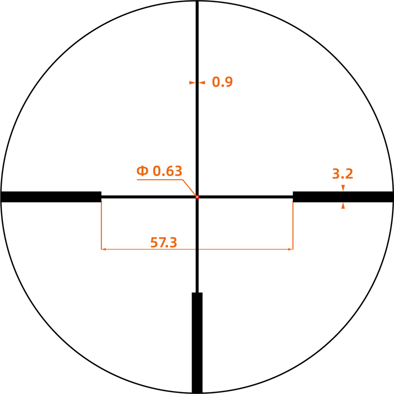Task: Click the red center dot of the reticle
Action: click(x=197, y=197)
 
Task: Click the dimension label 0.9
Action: click(x=223, y=82)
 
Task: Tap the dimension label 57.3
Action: click(x=164, y=242)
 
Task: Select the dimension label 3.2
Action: click(x=342, y=174)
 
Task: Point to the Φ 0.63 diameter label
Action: click(x=159, y=171)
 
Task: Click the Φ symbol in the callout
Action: click(x=142, y=171)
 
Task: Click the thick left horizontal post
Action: click(x=51, y=197)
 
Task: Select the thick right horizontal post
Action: click(x=343, y=197)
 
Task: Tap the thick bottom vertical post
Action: click(x=197, y=343)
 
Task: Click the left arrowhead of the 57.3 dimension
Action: click(x=103, y=249)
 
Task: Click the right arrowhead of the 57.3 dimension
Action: click(x=291, y=249)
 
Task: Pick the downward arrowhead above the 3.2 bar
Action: click(x=343, y=188)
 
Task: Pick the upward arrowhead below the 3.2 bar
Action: click(x=343, y=205)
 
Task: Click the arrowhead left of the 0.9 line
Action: click(x=192, y=82)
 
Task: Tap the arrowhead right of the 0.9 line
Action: click(x=202, y=82)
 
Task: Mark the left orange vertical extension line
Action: click(x=101, y=226)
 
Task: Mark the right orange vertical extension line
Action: click(x=293, y=226)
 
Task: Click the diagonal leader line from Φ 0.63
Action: click(x=189, y=188)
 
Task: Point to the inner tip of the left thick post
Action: click(x=101, y=197)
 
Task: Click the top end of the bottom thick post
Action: click(x=197, y=293)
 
